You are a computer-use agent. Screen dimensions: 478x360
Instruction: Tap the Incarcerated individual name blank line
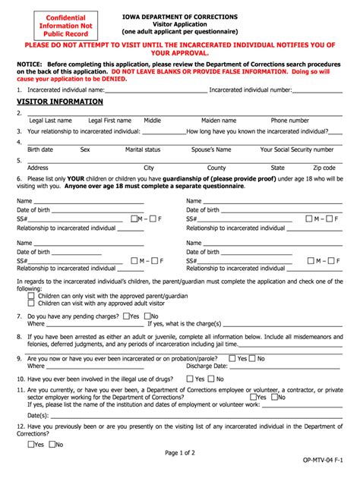click(x=156, y=89)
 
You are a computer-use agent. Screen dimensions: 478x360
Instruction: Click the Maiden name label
click(x=219, y=120)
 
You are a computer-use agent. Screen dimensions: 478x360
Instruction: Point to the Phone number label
click(x=289, y=120)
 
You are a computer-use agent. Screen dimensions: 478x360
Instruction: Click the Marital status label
click(x=143, y=149)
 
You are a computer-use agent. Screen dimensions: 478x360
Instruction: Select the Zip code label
click(x=324, y=168)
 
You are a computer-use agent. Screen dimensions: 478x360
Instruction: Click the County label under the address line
click(x=216, y=168)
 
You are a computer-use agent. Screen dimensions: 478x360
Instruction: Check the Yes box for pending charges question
click(x=125, y=316)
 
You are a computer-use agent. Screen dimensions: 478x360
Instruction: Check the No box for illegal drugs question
click(x=212, y=378)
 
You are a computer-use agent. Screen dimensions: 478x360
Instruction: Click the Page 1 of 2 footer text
click(x=181, y=453)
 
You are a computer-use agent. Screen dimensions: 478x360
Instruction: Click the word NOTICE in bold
click(x=30, y=64)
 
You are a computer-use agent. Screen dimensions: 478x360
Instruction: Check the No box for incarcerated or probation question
click(x=252, y=358)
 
